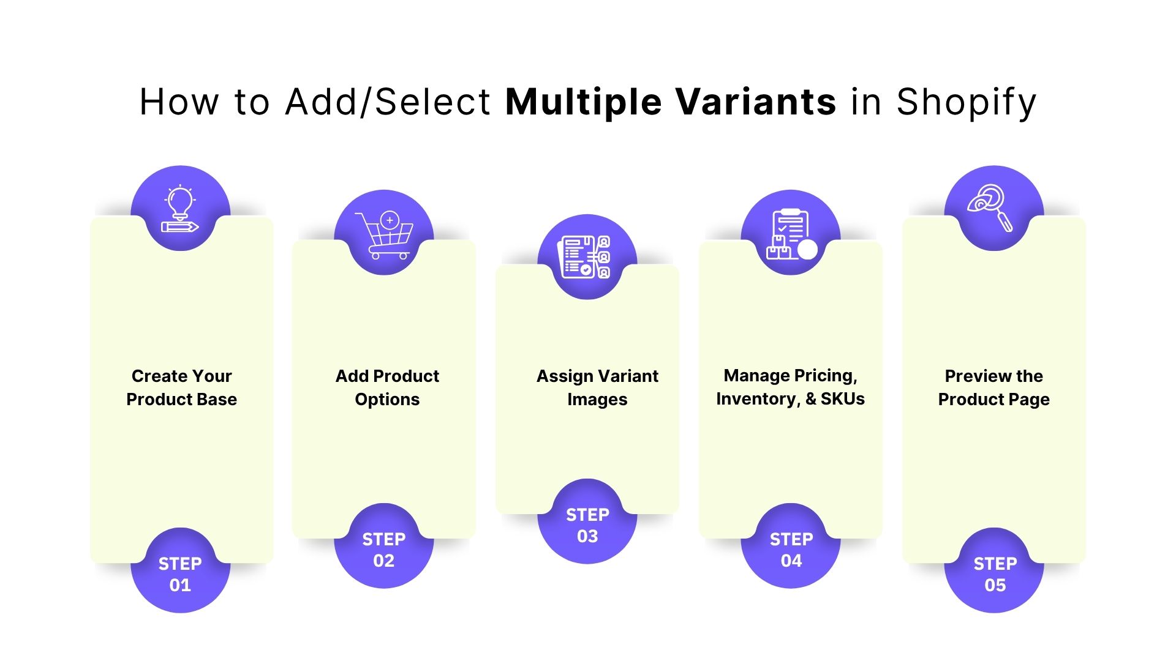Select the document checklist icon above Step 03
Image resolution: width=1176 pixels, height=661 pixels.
pos(587,257)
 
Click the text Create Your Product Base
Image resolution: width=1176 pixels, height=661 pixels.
pos(181,387)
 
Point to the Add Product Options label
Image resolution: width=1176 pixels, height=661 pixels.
pos(387,387)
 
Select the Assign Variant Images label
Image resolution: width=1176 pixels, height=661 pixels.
pos(597,387)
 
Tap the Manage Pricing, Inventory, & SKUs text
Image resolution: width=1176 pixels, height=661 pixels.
pos(790,387)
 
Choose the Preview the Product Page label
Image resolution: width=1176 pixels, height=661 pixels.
pos(993,387)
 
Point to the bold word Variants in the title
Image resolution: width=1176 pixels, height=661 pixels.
pos(755,102)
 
